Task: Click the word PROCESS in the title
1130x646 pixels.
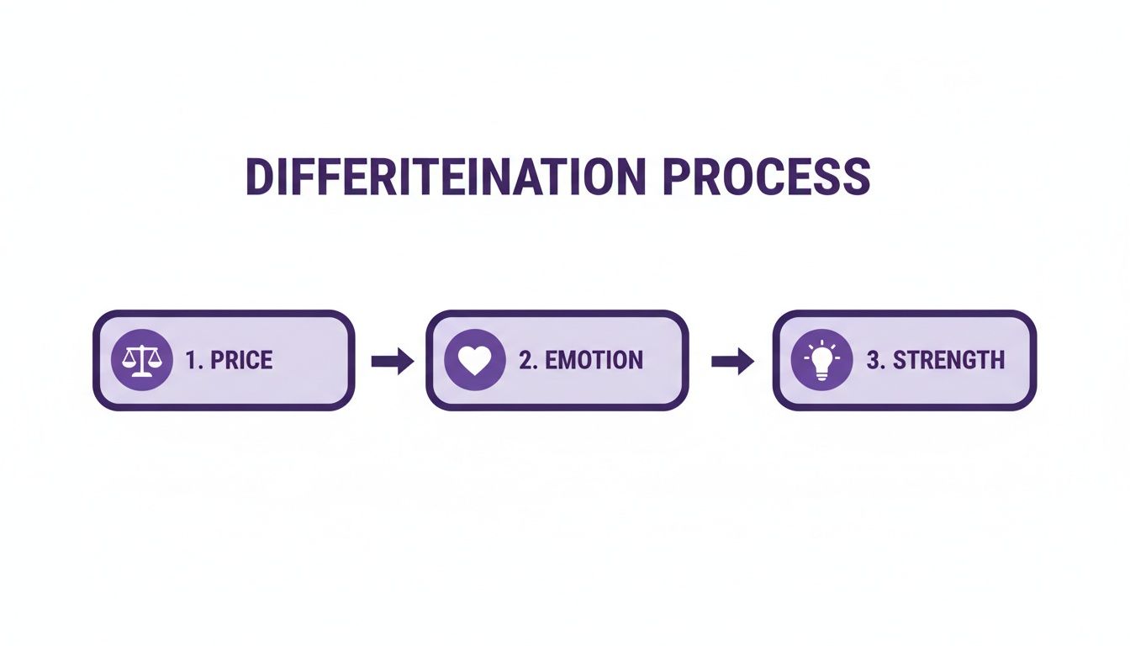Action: click(766, 176)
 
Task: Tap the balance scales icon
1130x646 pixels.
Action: click(142, 360)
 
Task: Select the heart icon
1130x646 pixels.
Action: click(475, 360)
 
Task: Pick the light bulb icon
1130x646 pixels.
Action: click(821, 360)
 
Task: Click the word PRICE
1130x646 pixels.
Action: click(241, 360)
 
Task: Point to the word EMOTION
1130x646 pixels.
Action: click(594, 360)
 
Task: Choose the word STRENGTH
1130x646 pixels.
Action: click(949, 360)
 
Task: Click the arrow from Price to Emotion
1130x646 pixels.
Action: click(393, 361)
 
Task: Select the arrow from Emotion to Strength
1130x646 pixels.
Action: click(732, 361)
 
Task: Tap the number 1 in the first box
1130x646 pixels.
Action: click(191, 360)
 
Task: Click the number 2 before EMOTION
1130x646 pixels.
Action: click(526, 360)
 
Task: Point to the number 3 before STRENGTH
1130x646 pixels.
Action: click(874, 360)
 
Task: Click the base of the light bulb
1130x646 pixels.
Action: click(821, 375)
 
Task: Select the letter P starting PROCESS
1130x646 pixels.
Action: click(675, 176)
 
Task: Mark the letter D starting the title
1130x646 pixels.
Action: click(260, 176)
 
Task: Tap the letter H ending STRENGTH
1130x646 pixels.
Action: click(997, 360)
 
